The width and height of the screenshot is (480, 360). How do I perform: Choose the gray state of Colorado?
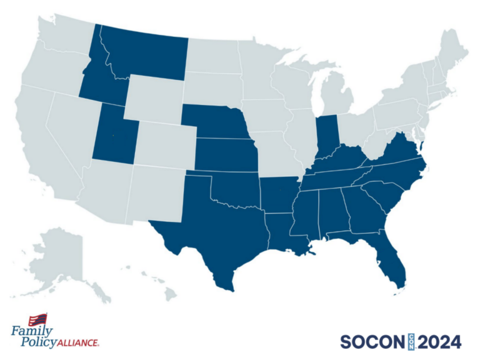(165, 144)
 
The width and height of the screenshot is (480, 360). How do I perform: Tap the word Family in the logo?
(31, 332)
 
